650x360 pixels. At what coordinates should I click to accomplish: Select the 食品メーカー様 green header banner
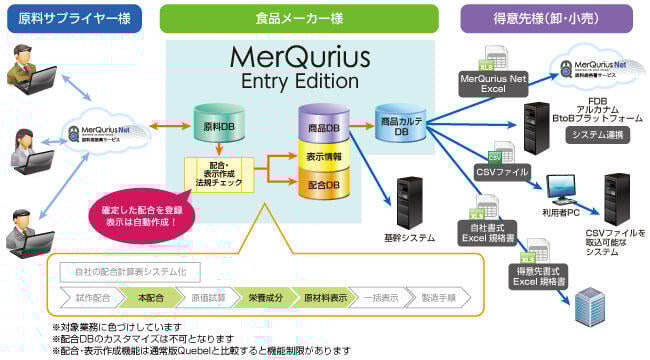click(x=298, y=20)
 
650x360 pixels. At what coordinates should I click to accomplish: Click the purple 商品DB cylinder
click(x=321, y=127)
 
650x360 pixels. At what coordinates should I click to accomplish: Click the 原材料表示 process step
click(x=325, y=297)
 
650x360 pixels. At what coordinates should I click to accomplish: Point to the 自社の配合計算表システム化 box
click(x=130, y=271)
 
